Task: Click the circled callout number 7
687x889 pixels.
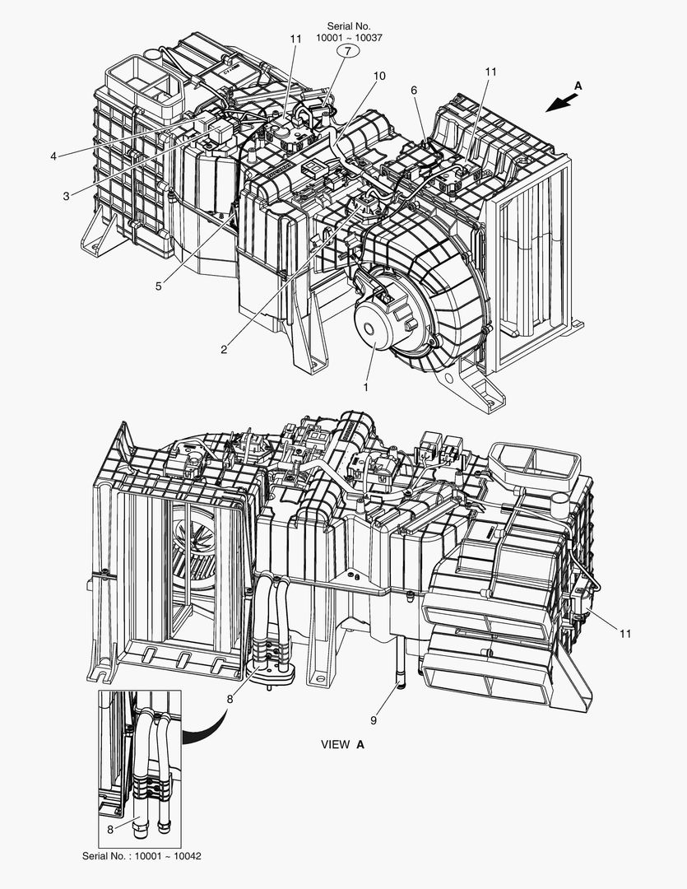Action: tap(347, 51)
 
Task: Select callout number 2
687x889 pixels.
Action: tap(224, 348)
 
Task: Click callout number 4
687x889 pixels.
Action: tap(158, 286)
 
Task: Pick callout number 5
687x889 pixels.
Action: tap(414, 90)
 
